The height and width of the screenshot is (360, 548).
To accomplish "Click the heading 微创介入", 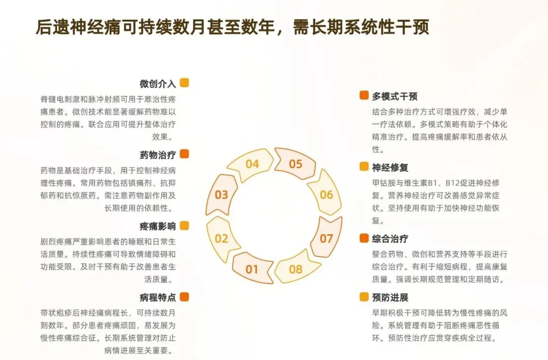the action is [158, 83].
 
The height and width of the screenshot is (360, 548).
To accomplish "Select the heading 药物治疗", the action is [158, 155].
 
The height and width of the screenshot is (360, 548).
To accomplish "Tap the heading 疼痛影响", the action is [158, 226].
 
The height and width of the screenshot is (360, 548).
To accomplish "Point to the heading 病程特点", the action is [158, 297].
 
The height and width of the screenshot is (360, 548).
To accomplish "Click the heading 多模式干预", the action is [395, 96].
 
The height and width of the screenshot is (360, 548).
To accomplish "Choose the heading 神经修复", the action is [390, 167].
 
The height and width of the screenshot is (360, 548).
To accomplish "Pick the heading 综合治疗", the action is [390, 238].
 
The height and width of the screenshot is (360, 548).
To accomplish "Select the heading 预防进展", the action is [390, 297].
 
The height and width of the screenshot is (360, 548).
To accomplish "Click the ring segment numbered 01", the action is [252, 269].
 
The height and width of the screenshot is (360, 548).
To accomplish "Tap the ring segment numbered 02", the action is [222, 238].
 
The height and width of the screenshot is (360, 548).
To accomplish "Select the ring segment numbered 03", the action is [221, 194].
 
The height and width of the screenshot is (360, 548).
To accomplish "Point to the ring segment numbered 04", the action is [252, 164].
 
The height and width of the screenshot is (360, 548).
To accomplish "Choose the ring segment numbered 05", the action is [296, 164].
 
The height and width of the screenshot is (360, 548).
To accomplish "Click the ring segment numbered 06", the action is [326, 195].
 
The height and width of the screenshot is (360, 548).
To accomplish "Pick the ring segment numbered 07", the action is [326, 238].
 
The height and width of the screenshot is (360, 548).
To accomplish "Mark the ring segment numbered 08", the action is [296, 269].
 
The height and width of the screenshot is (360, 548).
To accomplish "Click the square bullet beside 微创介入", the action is [184, 83].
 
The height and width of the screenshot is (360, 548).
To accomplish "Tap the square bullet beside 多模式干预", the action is [364, 96].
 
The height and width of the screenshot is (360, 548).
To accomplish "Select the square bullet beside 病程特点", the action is [184, 297].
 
